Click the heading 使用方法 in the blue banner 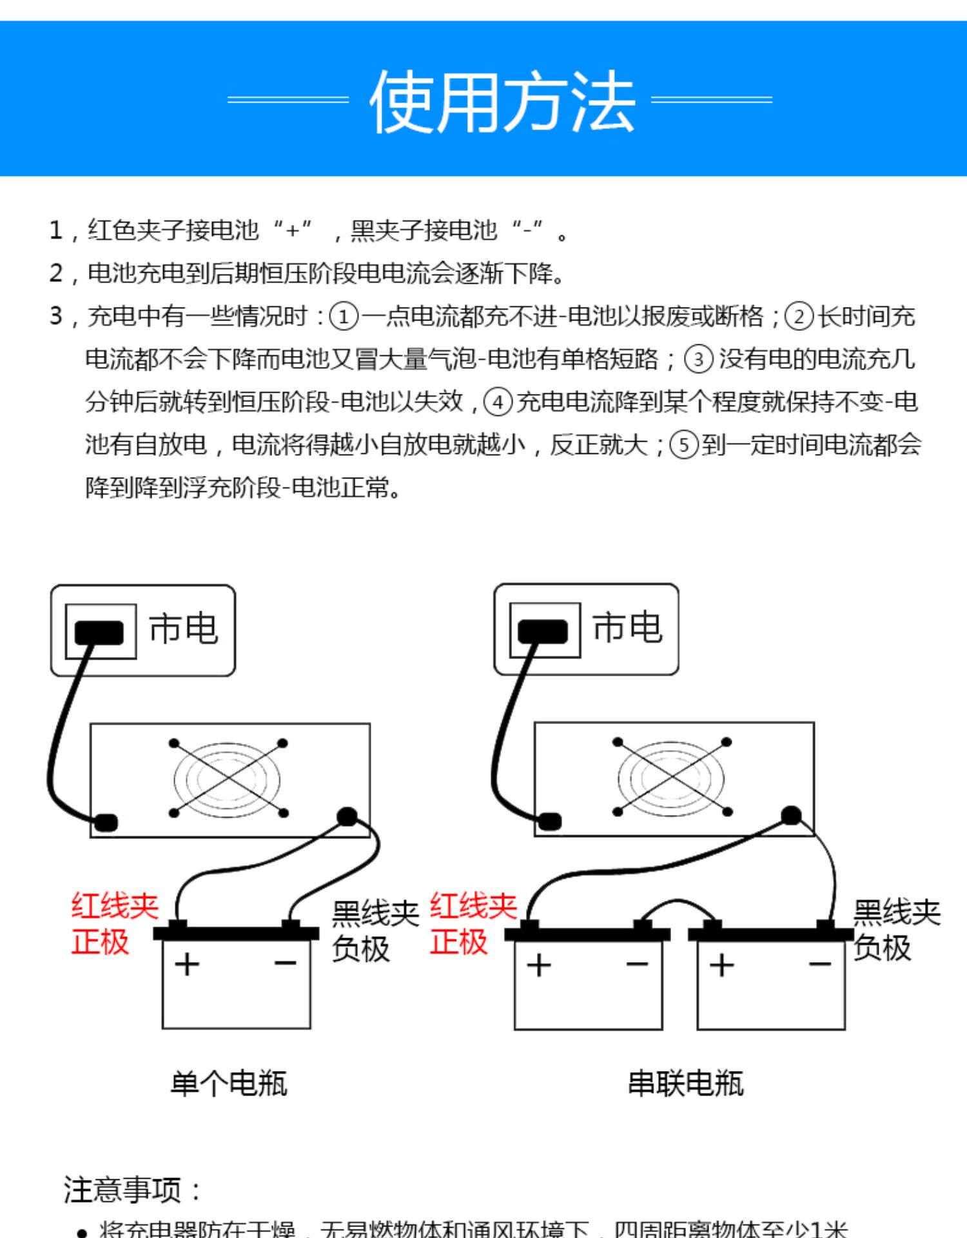pyautogui.click(x=502, y=101)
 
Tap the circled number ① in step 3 pyautogui.click(x=343, y=317)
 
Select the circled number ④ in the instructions pyautogui.click(x=498, y=402)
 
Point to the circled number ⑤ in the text pyautogui.click(x=684, y=446)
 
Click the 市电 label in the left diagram pyautogui.click(x=183, y=629)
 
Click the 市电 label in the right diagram pyautogui.click(x=627, y=627)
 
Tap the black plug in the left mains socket pyautogui.click(x=99, y=632)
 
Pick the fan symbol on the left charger pyautogui.click(x=228, y=778)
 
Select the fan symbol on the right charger pyautogui.click(x=671, y=777)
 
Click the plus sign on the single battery pyautogui.click(x=187, y=965)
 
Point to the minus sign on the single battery pyautogui.click(x=285, y=963)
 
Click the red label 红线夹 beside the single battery pyautogui.click(x=115, y=907)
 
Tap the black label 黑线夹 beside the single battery pyautogui.click(x=375, y=914)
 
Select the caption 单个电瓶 pyautogui.click(x=228, y=1083)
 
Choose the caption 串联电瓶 pyautogui.click(x=685, y=1083)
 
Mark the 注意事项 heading pyautogui.click(x=132, y=1190)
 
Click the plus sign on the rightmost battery pyautogui.click(x=721, y=965)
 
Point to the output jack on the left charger pyautogui.click(x=347, y=817)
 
